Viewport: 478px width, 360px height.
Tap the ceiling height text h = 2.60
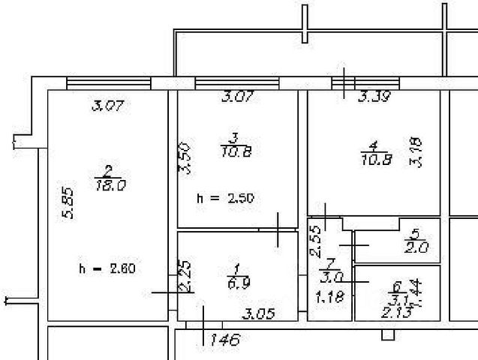coord(107,268)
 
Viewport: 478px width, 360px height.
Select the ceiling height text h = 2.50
coord(226,199)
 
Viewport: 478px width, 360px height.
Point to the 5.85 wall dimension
coord(68,202)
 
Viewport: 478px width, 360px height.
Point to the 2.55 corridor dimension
coord(316,241)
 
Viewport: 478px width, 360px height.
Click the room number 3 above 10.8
coord(235,138)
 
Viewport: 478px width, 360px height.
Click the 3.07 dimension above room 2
coord(107,106)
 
